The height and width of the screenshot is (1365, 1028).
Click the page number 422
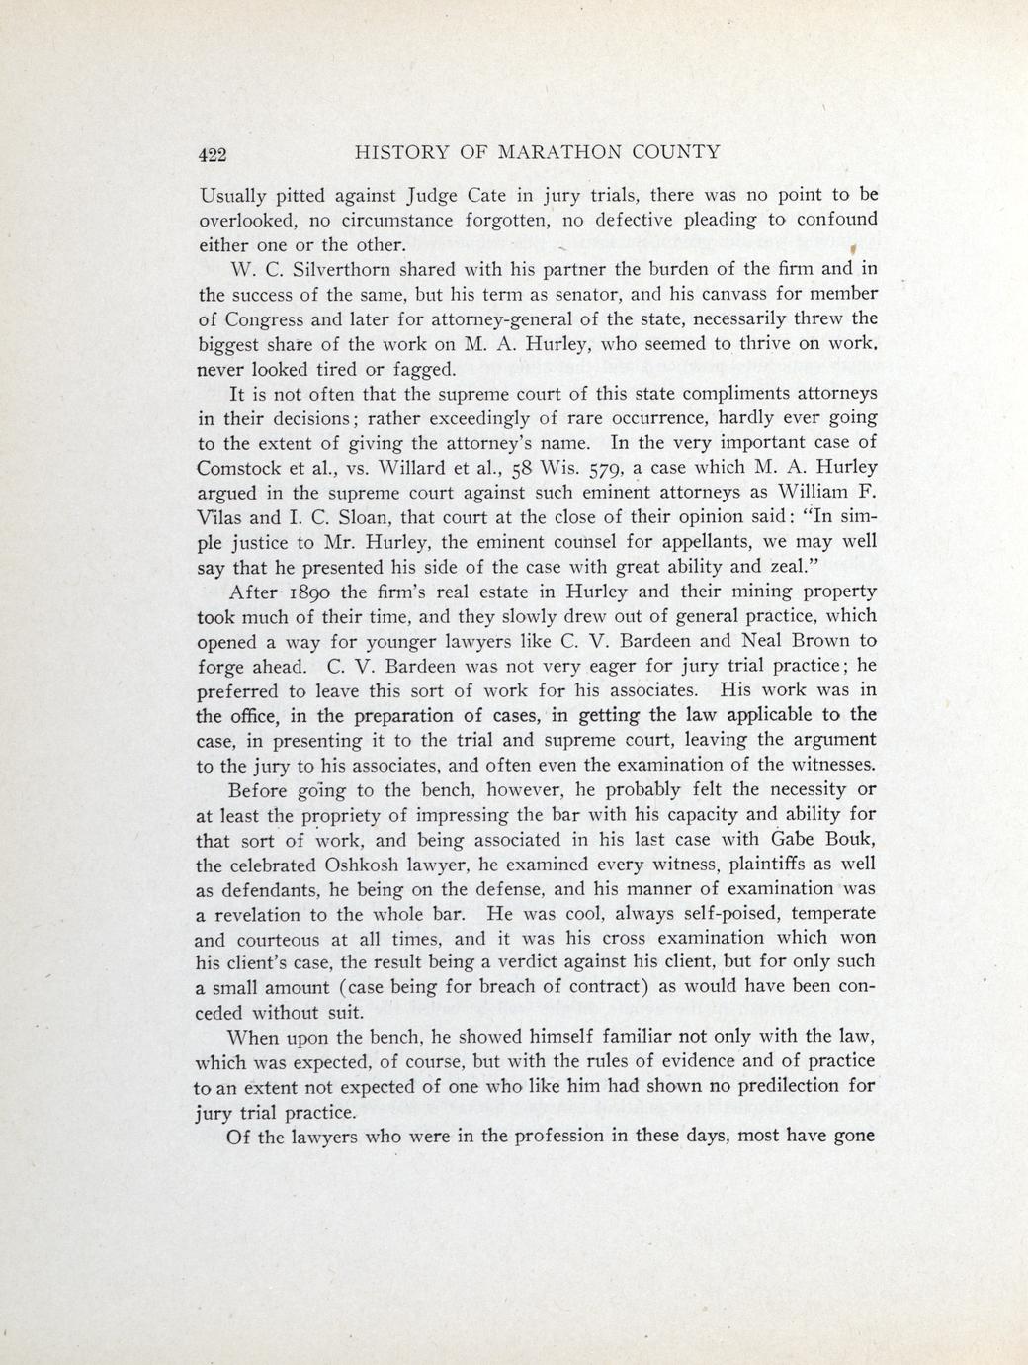tap(213, 153)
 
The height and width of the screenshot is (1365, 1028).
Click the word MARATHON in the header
tap(558, 152)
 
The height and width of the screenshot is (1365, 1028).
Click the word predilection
tap(774, 1086)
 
